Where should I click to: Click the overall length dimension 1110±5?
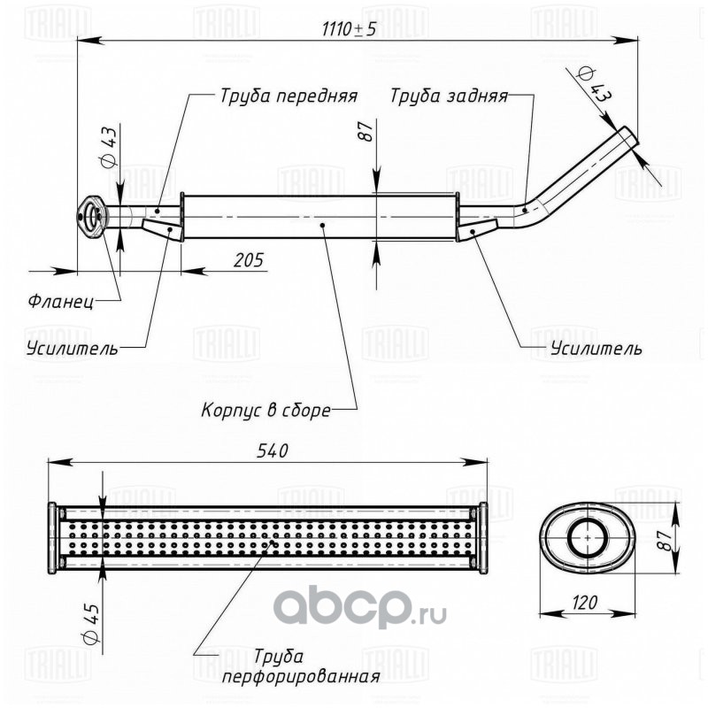pyautogui.click(x=349, y=29)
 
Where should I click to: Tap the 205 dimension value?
pyautogui.click(x=249, y=260)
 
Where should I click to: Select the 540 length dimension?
pyautogui.click(x=273, y=450)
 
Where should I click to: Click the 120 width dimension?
pyautogui.click(x=584, y=603)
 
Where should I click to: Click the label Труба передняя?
pyautogui.click(x=289, y=96)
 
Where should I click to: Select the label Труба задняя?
pyautogui.click(x=450, y=96)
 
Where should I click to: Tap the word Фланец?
pyautogui.click(x=61, y=301)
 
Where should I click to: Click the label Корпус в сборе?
pyautogui.click(x=265, y=411)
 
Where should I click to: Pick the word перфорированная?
pyautogui.click(x=301, y=677)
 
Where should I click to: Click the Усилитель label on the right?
pyautogui.click(x=596, y=348)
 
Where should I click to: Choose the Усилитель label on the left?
pyautogui.click(x=73, y=348)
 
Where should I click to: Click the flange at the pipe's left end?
pyautogui.click(x=92, y=216)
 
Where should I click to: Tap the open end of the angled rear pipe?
pyautogui.click(x=628, y=136)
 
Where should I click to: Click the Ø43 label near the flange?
pyautogui.click(x=108, y=147)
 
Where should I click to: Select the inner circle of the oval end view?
pyautogui.click(x=588, y=538)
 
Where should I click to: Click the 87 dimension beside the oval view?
pyautogui.click(x=664, y=540)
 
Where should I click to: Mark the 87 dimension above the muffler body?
pyautogui.click(x=366, y=131)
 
